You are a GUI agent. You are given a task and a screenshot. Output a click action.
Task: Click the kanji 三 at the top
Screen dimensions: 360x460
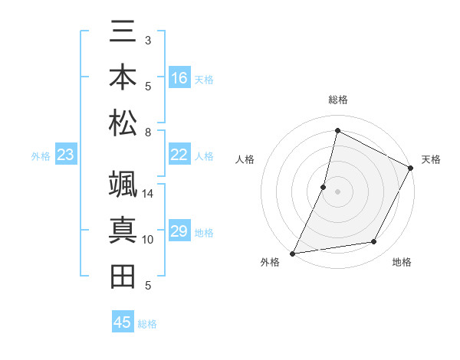tap(123, 33)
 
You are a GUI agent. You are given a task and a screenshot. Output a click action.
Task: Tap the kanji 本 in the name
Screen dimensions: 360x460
tap(123, 77)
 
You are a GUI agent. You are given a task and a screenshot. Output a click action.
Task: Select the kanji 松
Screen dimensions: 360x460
tap(123, 123)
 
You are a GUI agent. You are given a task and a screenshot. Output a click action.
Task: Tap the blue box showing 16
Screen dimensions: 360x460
tap(179, 78)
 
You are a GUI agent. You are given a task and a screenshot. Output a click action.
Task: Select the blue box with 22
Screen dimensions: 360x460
tap(179, 155)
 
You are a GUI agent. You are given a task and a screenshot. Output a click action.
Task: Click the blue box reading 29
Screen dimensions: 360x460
tap(179, 231)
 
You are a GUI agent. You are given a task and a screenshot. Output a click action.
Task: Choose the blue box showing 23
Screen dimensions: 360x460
tap(66, 155)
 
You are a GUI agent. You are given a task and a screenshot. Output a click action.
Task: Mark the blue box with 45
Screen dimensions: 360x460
tap(123, 322)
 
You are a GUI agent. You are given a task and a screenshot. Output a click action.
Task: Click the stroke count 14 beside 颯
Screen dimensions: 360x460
tap(148, 194)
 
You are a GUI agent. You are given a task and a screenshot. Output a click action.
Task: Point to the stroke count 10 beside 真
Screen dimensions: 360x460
tap(148, 239)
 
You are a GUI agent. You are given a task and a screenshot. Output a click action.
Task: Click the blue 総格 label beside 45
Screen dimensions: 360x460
tap(147, 324)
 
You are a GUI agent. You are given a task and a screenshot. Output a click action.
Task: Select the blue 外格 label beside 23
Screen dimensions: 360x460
tap(41, 156)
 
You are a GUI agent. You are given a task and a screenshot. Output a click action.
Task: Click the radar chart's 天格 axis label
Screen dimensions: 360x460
tap(431, 159)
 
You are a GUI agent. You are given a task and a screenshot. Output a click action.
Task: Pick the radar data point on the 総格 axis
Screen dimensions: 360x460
tap(337, 130)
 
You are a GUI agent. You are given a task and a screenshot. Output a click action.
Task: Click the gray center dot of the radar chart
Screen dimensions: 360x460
tap(337, 191)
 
